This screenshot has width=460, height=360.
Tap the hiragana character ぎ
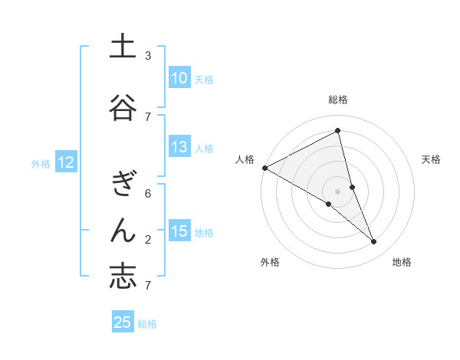(x=123, y=184)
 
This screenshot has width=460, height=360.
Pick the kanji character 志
(x=123, y=277)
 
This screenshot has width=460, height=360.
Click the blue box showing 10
(x=179, y=78)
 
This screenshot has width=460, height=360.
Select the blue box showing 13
(x=179, y=148)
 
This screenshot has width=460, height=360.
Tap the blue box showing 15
(x=179, y=231)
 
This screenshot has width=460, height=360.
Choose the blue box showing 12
(x=65, y=162)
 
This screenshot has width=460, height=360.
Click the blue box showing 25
(x=123, y=322)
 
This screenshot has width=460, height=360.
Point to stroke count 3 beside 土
(x=148, y=56)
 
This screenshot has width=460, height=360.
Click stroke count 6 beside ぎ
(x=148, y=194)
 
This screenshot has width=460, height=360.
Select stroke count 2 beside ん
(x=148, y=240)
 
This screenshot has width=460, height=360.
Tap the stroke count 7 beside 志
(x=148, y=286)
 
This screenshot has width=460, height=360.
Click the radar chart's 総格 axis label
(x=338, y=100)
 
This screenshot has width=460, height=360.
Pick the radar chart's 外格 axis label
(x=270, y=262)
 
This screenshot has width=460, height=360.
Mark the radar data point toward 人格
(x=264, y=167)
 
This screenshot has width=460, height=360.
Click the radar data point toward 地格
(x=374, y=241)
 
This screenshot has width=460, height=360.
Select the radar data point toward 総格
(x=338, y=130)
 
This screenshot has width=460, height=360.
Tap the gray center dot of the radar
(x=338, y=190)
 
